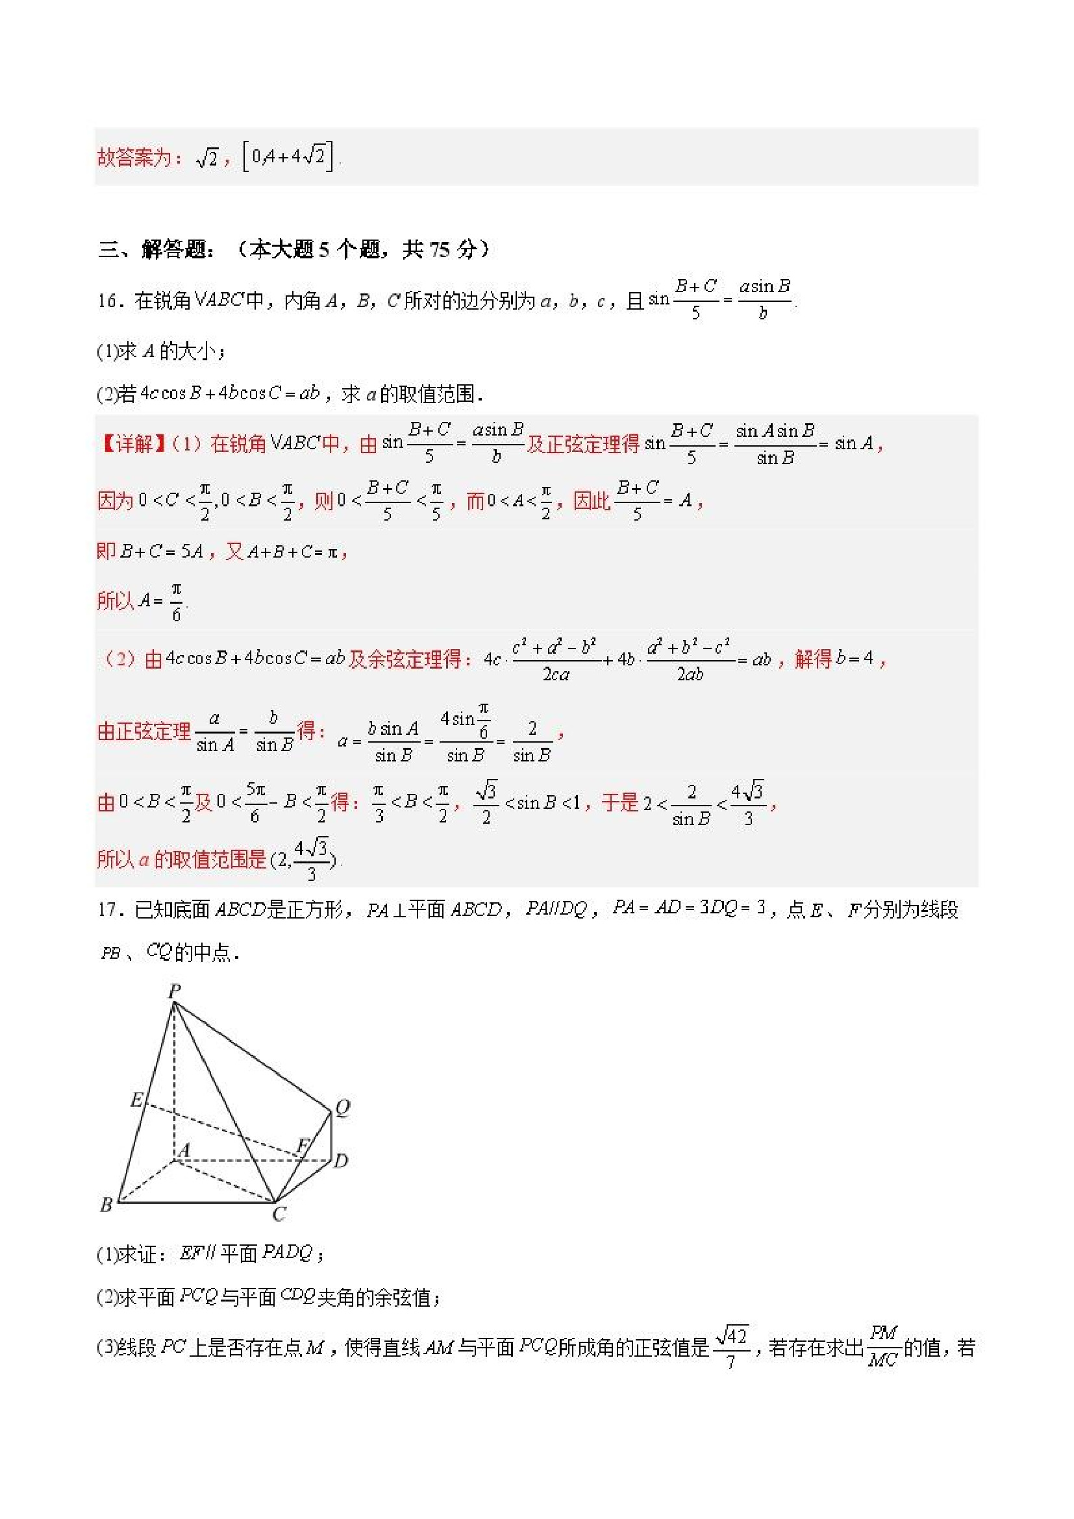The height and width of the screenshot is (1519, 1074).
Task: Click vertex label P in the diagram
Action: tap(174, 991)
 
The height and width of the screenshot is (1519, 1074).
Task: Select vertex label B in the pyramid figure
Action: tap(106, 1205)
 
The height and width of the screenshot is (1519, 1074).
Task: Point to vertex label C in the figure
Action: tap(279, 1214)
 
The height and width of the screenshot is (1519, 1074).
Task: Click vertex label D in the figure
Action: tap(341, 1161)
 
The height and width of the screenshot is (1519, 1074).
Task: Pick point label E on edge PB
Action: tap(136, 1100)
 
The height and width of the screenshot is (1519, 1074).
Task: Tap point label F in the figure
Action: tap(303, 1145)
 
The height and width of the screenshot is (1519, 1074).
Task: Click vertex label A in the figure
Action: tap(184, 1150)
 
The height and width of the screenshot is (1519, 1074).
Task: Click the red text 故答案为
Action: tap(134, 158)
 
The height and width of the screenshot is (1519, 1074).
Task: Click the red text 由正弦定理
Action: tap(144, 731)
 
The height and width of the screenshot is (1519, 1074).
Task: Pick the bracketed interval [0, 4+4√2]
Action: tap(288, 157)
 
